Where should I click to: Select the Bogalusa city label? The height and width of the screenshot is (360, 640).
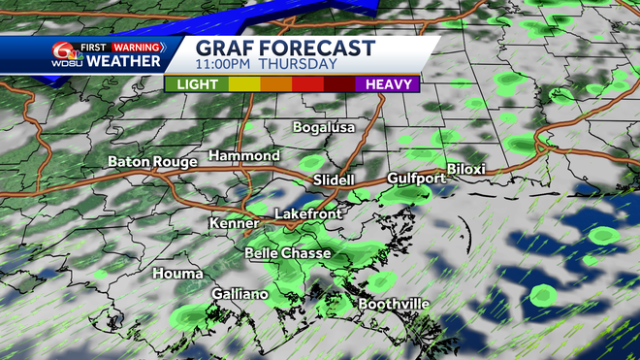click(x=325, y=127)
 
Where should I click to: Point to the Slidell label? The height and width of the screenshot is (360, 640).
click(x=335, y=180)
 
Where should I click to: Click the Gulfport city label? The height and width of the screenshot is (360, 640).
click(x=416, y=179)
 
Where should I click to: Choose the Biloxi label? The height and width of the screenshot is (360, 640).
click(x=465, y=169)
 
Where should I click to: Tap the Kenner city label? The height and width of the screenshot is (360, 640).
click(x=234, y=223)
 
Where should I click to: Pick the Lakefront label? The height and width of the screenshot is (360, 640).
click(x=304, y=213)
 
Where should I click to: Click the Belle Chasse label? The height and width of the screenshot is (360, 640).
click(x=288, y=253)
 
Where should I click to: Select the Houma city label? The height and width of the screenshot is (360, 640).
click(x=177, y=274)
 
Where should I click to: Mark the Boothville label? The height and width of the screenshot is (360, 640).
click(x=394, y=304)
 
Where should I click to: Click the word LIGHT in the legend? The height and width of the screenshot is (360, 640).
click(x=197, y=84)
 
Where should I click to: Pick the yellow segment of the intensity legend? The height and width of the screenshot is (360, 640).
click(x=243, y=84)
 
